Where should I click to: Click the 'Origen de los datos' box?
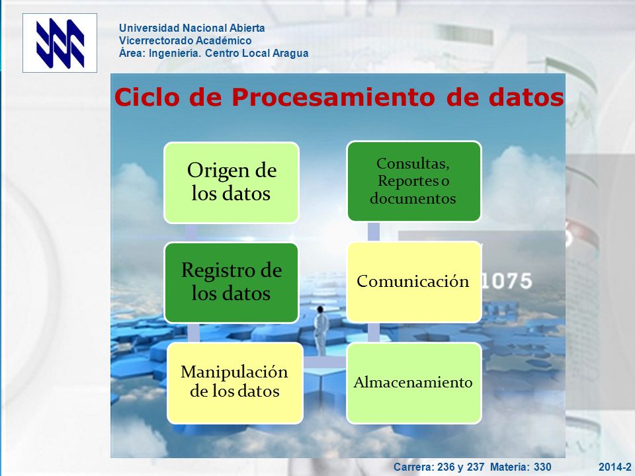pyautogui.click(x=232, y=182)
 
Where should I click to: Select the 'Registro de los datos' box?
pyautogui.click(x=232, y=282)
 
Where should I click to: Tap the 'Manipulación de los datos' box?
pyautogui.click(x=235, y=383)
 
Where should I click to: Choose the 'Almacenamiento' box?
pyautogui.click(x=414, y=383)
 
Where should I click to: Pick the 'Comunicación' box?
pyautogui.click(x=414, y=282)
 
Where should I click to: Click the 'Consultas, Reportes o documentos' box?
pyautogui.click(x=414, y=181)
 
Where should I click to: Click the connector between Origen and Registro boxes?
pyautogui.click(x=191, y=233)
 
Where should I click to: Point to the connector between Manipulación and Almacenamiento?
pyautogui.click(x=325, y=362)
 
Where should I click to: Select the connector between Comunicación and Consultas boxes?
pyautogui.click(x=374, y=231)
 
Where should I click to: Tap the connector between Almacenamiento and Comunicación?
pyautogui.click(x=374, y=333)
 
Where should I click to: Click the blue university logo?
pyautogui.click(x=60, y=43)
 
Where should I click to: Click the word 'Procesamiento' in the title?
pyautogui.click(x=333, y=97)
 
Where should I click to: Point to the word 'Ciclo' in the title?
pyautogui.click(x=147, y=97)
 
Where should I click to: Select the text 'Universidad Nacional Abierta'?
pyautogui.click(x=192, y=28)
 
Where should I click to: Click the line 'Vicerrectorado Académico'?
pyautogui.click(x=185, y=40)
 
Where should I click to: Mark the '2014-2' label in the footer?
pyautogui.click(x=614, y=467)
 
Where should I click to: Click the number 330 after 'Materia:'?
pyautogui.click(x=542, y=467)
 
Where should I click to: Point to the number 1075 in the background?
pyautogui.click(x=507, y=281)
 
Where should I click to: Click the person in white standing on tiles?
pyautogui.click(x=321, y=331)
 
